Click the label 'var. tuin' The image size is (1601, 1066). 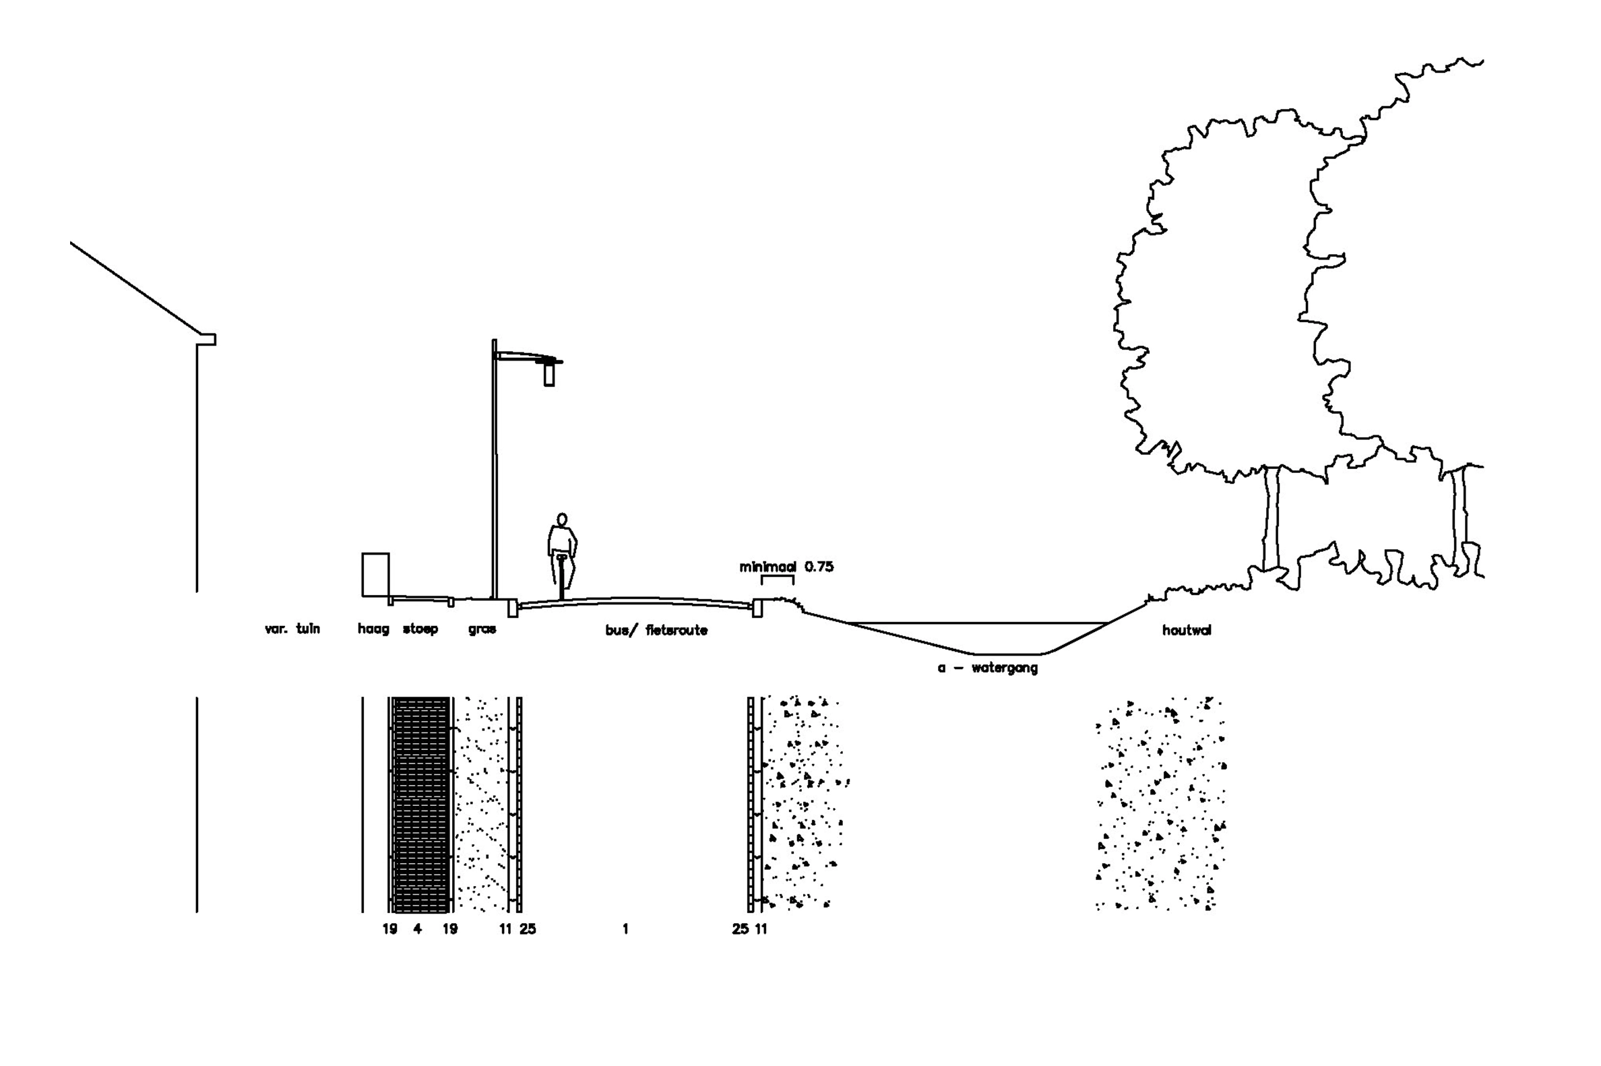[292, 629]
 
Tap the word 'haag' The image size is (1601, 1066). [373, 629]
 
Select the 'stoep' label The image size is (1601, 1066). [420, 629]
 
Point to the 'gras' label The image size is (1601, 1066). [482, 629]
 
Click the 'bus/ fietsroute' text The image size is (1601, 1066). [656, 630]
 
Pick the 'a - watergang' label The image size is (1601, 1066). [988, 668]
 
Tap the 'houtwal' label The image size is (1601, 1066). [1187, 630]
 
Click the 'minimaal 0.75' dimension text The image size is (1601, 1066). [786, 566]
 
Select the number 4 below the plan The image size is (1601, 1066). [417, 929]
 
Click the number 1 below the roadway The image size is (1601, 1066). [625, 929]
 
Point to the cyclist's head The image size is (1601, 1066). [562, 520]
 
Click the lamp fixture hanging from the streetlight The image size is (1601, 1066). [548, 374]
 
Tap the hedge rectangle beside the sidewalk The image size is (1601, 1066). [375, 575]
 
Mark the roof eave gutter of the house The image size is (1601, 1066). [207, 339]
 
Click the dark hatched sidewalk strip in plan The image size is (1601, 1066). [422, 805]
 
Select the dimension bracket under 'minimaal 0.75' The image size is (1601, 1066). [777, 577]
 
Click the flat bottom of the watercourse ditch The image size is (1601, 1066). [1009, 654]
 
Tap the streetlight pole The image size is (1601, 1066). [494, 469]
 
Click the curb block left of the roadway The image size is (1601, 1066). [513, 608]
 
